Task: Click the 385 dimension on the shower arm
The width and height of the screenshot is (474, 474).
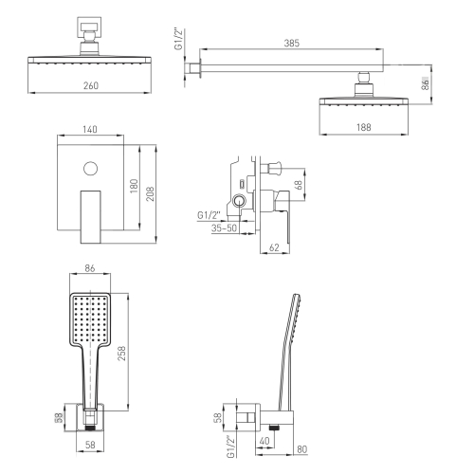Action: [x=291, y=43]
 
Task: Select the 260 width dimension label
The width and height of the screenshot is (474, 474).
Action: [x=91, y=85]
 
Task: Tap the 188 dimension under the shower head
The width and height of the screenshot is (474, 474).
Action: [x=364, y=127]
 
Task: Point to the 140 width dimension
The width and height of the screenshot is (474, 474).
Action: [x=90, y=129]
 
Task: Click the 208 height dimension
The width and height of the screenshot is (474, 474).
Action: [x=151, y=193]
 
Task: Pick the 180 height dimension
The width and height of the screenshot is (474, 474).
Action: [x=134, y=186]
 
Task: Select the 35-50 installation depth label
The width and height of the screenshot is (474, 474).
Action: [x=224, y=228]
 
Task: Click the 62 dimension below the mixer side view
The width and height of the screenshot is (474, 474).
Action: [x=274, y=247]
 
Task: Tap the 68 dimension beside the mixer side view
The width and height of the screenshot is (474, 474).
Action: [x=299, y=184]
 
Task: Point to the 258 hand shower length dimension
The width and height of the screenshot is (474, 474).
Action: [x=122, y=354]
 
